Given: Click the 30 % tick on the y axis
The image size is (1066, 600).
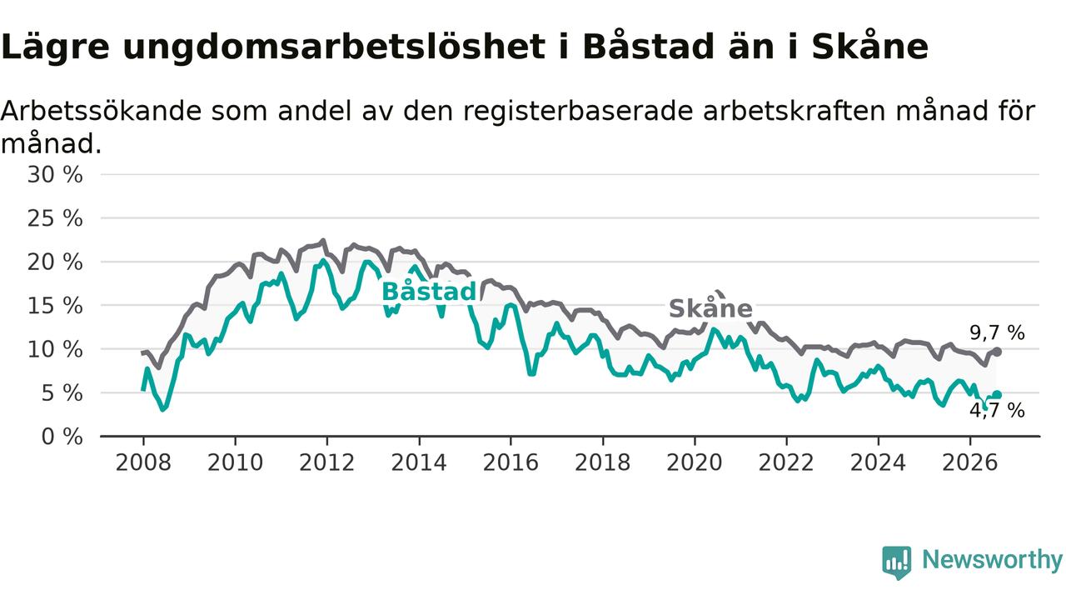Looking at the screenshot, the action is click(55, 175).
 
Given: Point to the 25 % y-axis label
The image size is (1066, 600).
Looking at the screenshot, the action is click(55, 218).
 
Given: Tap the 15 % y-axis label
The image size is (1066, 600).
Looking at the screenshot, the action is click(55, 306).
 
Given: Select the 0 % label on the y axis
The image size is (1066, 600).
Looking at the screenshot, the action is click(62, 437).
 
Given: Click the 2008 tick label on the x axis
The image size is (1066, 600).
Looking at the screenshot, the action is click(143, 462).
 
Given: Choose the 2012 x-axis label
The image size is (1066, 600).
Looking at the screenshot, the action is click(327, 462).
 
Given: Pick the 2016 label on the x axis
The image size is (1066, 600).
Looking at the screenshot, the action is click(511, 462).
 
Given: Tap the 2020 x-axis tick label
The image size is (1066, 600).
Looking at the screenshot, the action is click(695, 462).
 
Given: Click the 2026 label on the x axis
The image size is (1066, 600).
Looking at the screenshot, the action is click(970, 462).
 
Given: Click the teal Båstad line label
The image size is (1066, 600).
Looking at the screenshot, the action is click(429, 292).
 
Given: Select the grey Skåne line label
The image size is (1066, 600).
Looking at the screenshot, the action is click(710, 308).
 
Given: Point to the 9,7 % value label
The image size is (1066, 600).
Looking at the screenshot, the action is click(997, 332).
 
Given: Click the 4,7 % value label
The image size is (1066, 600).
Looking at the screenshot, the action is click(997, 411).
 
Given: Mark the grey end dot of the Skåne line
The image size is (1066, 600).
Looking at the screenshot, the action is click(998, 352).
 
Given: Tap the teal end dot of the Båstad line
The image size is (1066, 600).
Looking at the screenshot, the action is click(998, 394).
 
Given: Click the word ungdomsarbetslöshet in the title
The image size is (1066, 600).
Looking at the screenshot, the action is click(334, 47).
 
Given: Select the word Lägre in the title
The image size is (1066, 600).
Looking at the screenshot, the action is click(55, 47).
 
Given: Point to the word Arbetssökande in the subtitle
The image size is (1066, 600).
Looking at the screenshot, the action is click(101, 111).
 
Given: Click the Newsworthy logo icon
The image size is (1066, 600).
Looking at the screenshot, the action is click(897, 562).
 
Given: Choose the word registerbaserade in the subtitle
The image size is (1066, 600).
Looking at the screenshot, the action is click(579, 112).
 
